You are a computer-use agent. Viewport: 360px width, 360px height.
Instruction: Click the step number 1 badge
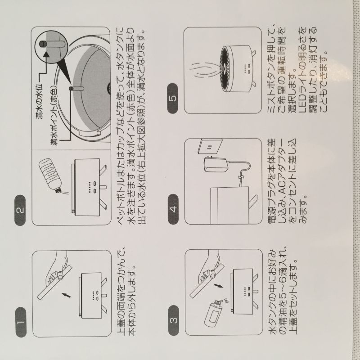pyautogui.click(x=21, y=322)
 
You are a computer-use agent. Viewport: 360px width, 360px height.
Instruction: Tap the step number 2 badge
pyautogui.click(x=20, y=210)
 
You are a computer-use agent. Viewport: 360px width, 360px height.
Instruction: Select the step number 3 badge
pyautogui.click(x=174, y=320)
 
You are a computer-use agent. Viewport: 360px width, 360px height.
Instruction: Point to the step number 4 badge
pyautogui.click(x=173, y=209)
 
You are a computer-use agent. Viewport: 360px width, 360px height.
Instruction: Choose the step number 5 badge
pyautogui.click(x=173, y=98)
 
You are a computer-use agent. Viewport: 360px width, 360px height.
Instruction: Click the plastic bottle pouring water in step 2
pyautogui.click(x=50, y=175)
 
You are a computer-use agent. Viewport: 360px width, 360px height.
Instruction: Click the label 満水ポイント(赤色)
pyautogui.click(x=54, y=117)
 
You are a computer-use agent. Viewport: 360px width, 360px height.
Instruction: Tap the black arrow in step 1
pyautogui.click(x=66, y=295)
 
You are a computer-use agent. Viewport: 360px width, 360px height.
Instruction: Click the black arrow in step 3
pyautogui.click(x=218, y=286)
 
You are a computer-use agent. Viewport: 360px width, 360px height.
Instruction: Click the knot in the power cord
pyautogui.click(x=240, y=177)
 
